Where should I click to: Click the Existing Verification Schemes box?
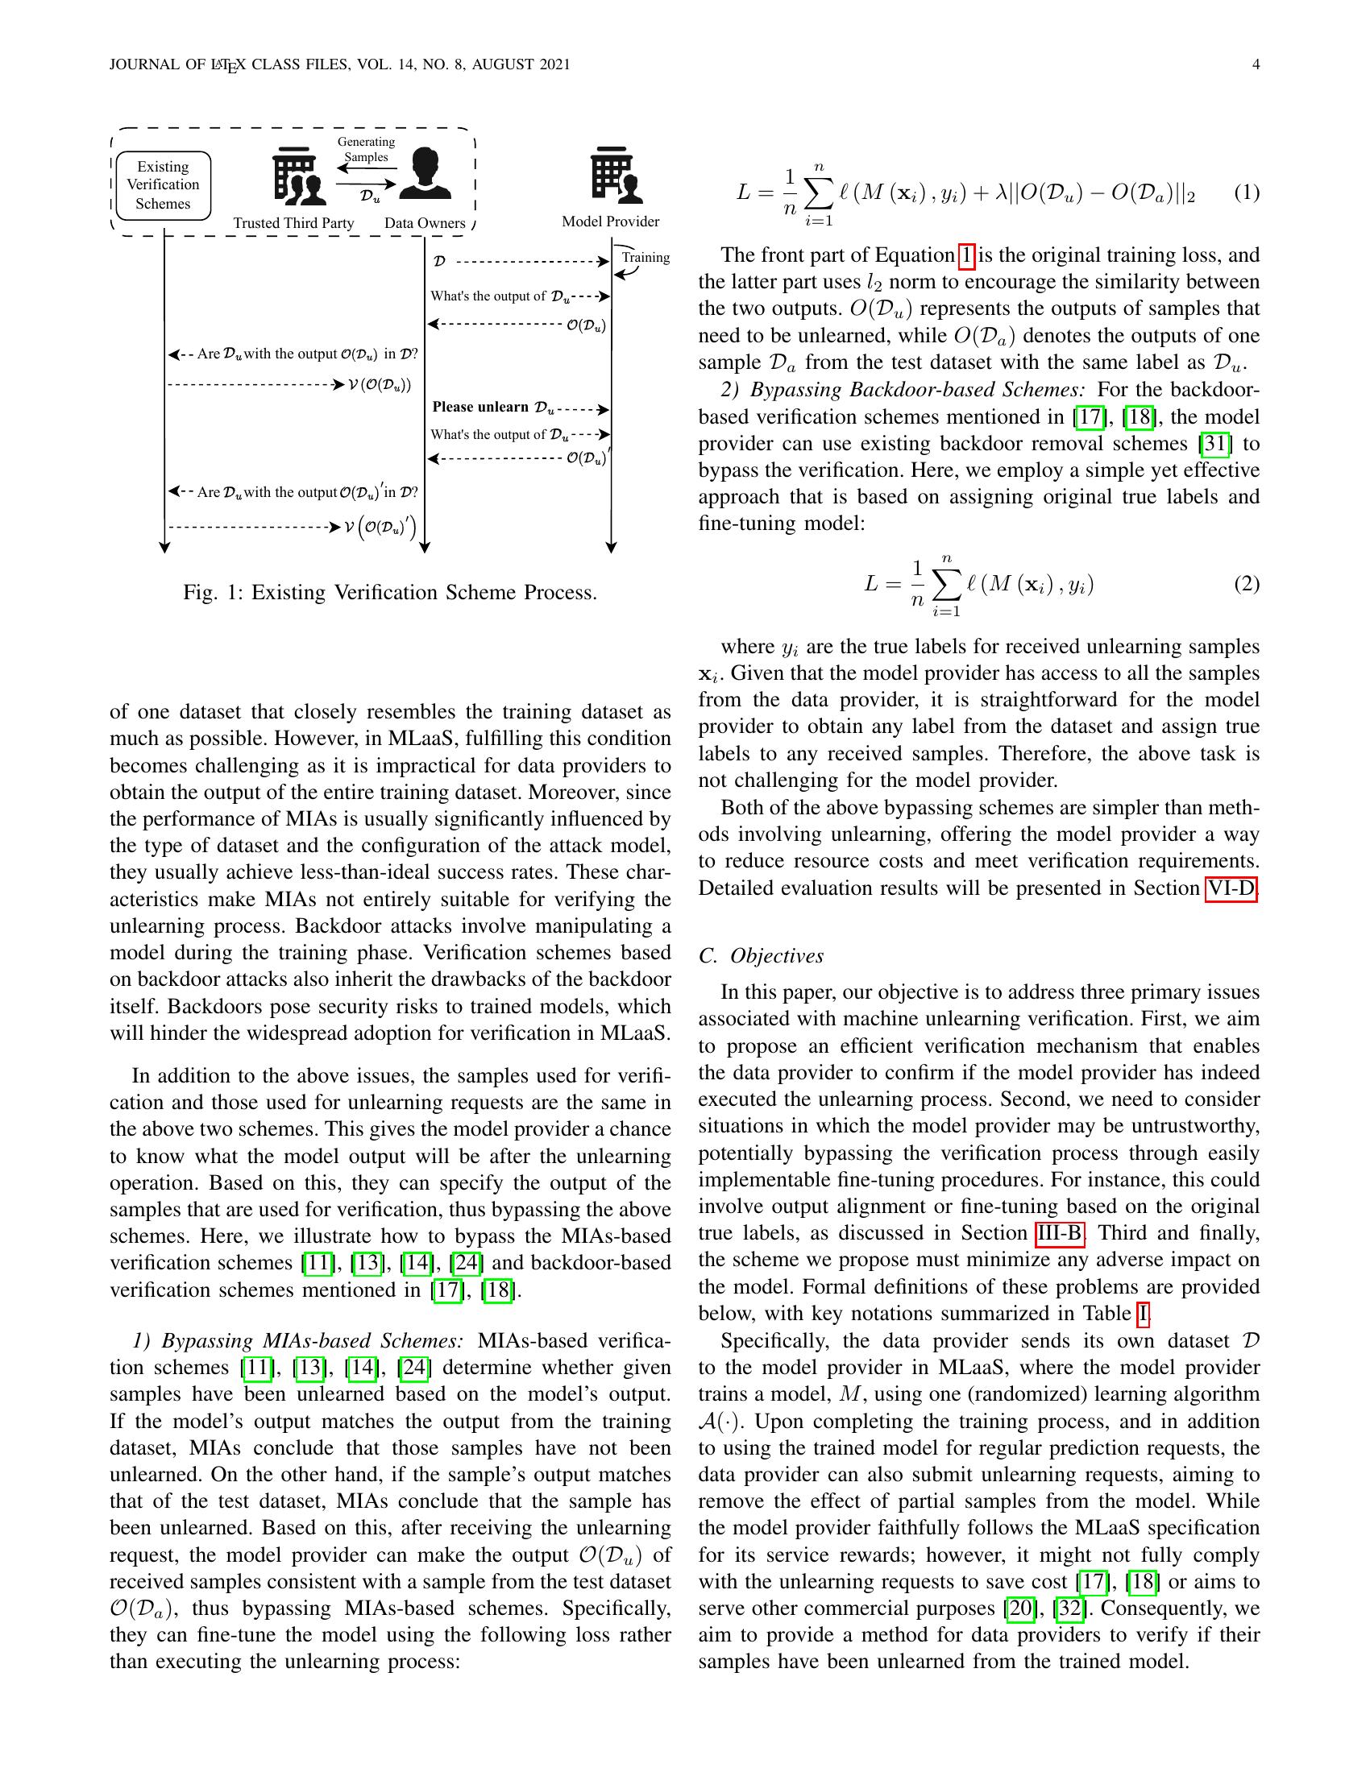163,185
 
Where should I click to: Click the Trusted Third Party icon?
299,177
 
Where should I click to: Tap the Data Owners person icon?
426,174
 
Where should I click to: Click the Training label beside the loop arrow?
646,258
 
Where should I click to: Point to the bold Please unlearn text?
479,407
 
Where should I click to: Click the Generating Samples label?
366,149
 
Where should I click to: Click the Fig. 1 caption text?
389,592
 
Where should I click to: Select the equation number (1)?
1247,193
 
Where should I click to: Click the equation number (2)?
1247,583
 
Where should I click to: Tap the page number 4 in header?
1256,65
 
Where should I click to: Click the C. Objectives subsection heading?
761,956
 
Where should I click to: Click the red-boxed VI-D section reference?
1231,888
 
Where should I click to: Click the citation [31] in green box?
1215,444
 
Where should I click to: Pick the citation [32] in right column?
1069,1608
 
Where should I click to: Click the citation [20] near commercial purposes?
1019,1608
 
